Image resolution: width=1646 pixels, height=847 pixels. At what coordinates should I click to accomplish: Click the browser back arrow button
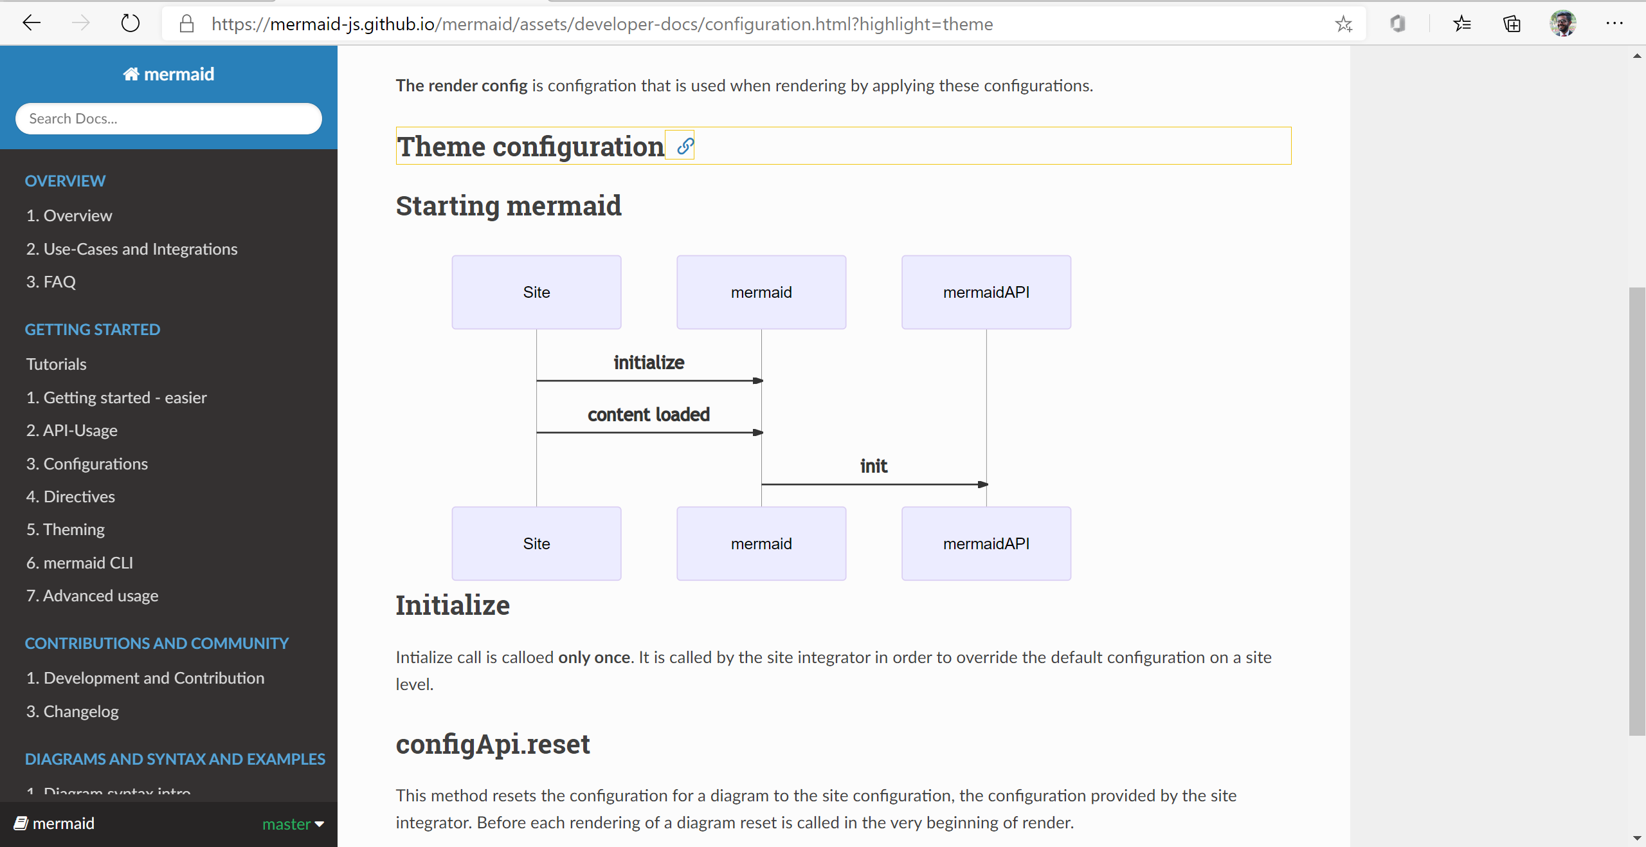pyautogui.click(x=31, y=24)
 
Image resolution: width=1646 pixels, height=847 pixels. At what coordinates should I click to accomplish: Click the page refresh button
pyautogui.click(x=131, y=24)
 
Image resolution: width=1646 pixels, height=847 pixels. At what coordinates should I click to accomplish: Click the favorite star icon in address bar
pyautogui.click(x=1343, y=24)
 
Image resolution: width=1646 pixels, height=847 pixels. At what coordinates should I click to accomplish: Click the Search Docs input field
pyautogui.click(x=168, y=119)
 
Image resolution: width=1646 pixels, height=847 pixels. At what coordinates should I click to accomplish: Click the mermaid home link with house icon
pyautogui.click(x=168, y=74)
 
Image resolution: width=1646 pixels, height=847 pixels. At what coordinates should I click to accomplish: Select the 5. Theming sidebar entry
pyautogui.click(x=65, y=529)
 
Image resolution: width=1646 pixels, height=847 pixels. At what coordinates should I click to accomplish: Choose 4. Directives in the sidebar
pyautogui.click(x=70, y=496)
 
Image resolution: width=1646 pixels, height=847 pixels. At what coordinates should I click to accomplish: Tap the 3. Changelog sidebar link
pyautogui.click(x=72, y=711)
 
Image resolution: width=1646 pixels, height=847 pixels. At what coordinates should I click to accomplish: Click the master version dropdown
pyautogui.click(x=293, y=824)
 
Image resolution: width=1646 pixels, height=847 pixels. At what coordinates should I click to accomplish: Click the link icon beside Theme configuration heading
pyautogui.click(x=685, y=147)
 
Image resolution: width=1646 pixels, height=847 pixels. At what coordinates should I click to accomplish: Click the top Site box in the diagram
pyautogui.click(x=536, y=292)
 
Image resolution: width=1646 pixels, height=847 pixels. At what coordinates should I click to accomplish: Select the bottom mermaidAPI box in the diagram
pyautogui.click(x=986, y=543)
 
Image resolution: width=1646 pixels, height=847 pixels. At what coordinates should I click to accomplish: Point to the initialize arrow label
pyautogui.click(x=648, y=363)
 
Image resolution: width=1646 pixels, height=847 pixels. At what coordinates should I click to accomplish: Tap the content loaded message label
pyautogui.click(x=648, y=415)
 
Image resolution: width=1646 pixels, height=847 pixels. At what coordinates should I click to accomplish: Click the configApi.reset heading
pyautogui.click(x=493, y=744)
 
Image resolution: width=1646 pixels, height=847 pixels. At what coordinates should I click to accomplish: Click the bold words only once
pyautogui.click(x=593, y=657)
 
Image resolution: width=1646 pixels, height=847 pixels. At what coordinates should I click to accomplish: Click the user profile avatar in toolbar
pyautogui.click(x=1562, y=24)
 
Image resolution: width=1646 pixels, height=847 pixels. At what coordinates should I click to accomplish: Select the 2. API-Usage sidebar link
pyautogui.click(x=71, y=430)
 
